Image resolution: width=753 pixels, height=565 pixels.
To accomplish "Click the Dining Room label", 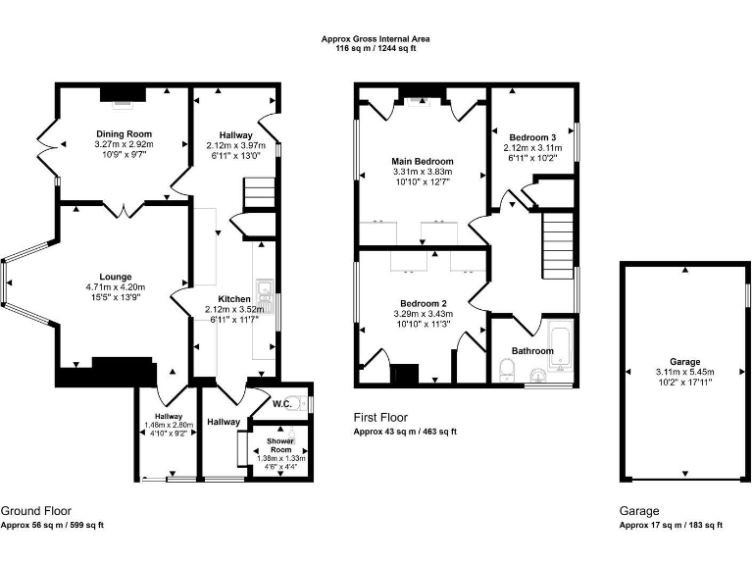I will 125,133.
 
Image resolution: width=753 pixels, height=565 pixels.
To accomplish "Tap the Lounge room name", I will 115,277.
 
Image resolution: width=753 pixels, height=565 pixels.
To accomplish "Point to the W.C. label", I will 281,403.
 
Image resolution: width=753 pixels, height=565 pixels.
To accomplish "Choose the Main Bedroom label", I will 423,161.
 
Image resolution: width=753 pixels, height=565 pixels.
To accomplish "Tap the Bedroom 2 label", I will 423,303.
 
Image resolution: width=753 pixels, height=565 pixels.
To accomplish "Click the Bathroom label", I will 532,350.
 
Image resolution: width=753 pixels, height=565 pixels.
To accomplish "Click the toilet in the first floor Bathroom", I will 507,370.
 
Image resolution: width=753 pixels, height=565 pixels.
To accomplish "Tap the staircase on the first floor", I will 556,246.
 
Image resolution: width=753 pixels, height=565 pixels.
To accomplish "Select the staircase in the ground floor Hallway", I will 258,190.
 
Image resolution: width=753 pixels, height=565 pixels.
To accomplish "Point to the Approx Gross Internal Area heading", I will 376,39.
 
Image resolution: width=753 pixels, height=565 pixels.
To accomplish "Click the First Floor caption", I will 380,418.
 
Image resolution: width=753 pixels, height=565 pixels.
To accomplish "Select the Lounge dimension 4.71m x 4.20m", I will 115,286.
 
